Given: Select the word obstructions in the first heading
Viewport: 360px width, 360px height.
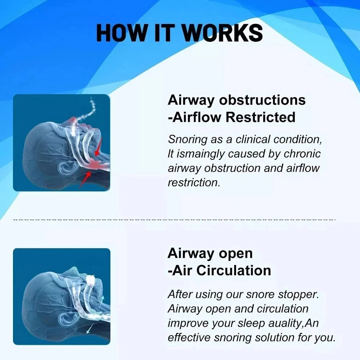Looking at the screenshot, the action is (x=262, y=100).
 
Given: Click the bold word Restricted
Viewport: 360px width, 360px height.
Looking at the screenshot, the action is (x=261, y=117).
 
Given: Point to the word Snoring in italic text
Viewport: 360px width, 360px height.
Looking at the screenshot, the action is (x=188, y=140).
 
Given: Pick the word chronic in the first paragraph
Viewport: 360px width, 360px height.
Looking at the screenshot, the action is (x=302, y=154).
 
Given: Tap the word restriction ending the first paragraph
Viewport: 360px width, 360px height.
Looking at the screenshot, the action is (x=194, y=183).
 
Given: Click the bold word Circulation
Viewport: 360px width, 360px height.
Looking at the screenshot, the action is (x=234, y=270).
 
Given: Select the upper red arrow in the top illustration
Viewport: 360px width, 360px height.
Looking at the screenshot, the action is (x=98, y=147).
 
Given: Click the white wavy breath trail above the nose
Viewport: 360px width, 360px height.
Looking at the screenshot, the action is (x=87, y=110).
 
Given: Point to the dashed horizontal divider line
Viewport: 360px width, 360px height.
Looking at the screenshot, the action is (x=175, y=220).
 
